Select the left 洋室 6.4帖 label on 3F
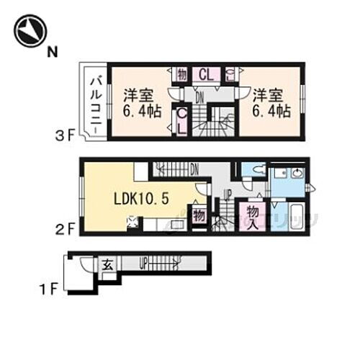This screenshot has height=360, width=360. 140,103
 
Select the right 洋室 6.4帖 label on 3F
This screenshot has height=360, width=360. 270,103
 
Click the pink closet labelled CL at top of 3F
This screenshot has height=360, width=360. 204,73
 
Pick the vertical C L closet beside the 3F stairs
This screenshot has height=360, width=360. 182,120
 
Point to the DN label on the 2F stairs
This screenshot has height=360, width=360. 194,169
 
